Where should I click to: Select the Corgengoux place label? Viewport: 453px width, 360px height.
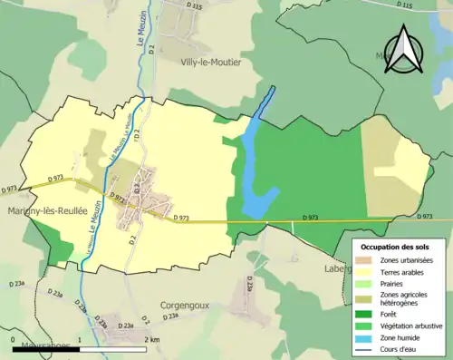(x=184, y=306)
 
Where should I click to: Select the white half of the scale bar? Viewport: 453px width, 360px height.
(x=112, y=348)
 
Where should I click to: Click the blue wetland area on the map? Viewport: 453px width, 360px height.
(x=255, y=163)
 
